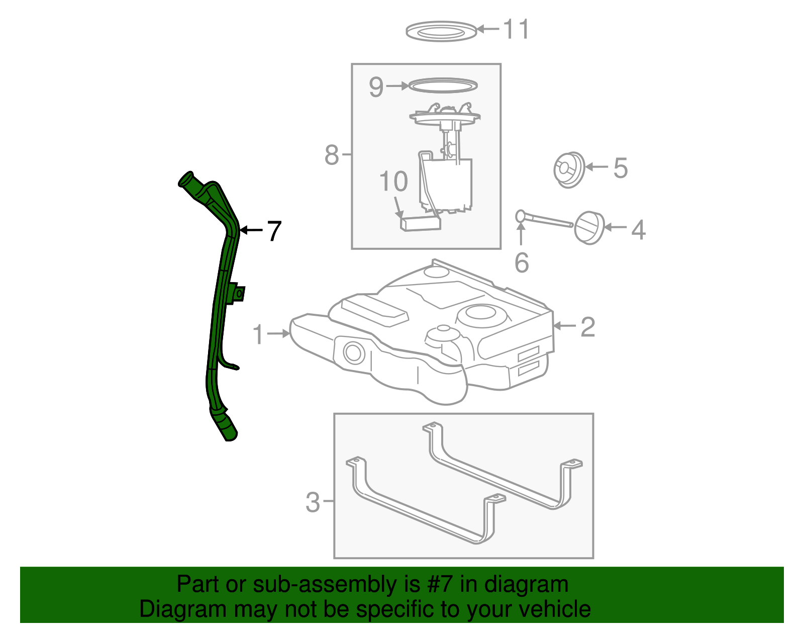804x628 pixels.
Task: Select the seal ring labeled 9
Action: click(442, 86)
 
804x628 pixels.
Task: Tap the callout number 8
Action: click(332, 155)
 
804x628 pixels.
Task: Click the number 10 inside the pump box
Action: click(393, 182)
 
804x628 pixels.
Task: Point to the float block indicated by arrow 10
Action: click(420, 223)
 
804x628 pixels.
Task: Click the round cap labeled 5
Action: click(569, 170)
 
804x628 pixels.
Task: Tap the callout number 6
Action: click(522, 263)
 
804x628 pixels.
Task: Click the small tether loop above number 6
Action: click(521, 216)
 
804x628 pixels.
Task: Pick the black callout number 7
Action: click(274, 231)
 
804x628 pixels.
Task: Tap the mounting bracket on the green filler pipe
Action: click(237, 294)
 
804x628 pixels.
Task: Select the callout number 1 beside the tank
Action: click(258, 335)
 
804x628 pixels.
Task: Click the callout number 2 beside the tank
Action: click(587, 327)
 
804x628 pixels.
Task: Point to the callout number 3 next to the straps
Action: click(313, 502)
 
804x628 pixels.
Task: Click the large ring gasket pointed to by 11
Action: click(441, 31)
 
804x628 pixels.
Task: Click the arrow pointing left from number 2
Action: click(563, 326)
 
